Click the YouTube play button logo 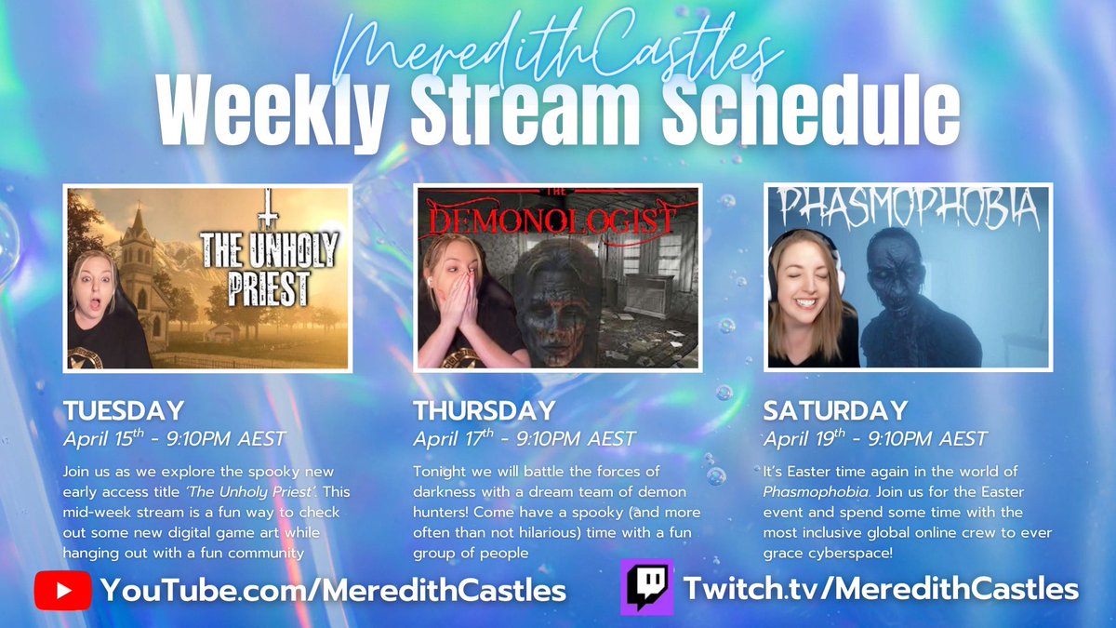(x=62, y=590)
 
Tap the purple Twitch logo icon (x=646, y=587)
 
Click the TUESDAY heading (x=123, y=410)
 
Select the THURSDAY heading (x=484, y=410)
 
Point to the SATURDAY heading (x=834, y=410)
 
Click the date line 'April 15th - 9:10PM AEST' (x=174, y=438)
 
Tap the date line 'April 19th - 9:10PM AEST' (x=875, y=438)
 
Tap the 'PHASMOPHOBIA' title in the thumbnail (x=907, y=210)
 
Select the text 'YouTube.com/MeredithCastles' (x=333, y=590)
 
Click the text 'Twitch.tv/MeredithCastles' (x=880, y=588)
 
